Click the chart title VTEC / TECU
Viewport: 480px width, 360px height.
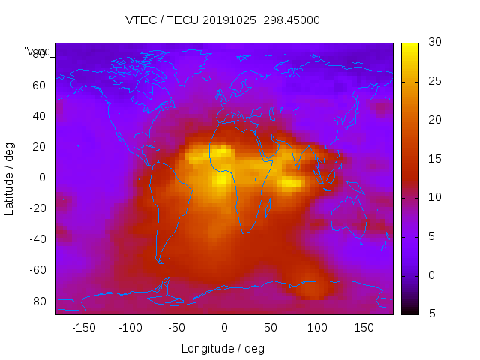click(223, 20)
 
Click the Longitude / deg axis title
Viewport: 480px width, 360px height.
click(223, 349)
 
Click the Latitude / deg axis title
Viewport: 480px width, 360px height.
click(10, 178)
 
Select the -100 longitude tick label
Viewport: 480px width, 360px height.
click(130, 328)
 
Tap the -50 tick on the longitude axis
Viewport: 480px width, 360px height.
click(178, 328)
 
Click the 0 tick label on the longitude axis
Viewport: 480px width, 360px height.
click(224, 328)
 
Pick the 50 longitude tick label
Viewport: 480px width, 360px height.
click(271, 328)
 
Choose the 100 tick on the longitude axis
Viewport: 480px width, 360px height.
click(317, 328)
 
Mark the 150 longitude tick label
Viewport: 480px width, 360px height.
click(364, 328)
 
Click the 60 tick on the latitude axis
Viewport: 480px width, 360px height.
click(39, 85)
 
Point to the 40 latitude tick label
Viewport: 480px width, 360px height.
click(39, 115)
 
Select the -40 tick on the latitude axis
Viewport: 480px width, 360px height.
click(37, 239)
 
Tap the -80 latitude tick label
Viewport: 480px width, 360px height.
click(37, 301)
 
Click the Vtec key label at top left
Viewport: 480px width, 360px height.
click(37, 52)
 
